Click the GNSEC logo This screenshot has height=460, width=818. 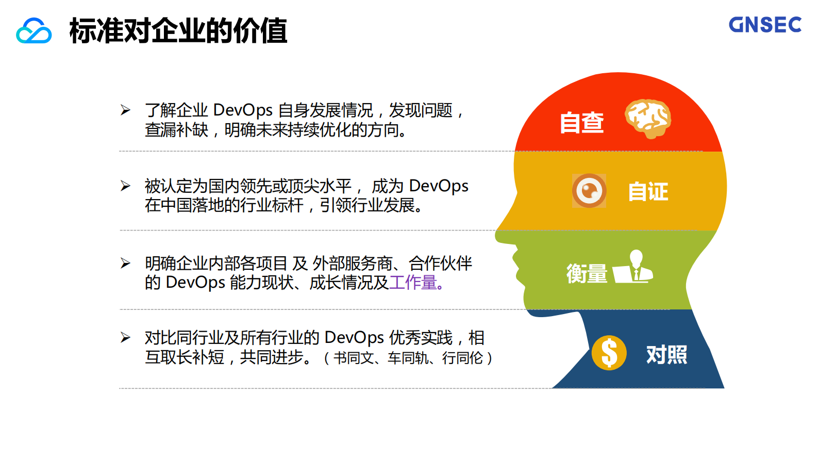(765, 25)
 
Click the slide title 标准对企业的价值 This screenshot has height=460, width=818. (178, 31)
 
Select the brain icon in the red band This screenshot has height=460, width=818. (648, 118)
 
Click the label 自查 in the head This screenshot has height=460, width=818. (582, 123)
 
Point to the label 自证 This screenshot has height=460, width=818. (648, 192)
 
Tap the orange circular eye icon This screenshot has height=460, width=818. (589, 191)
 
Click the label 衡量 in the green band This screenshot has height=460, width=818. (587, 273)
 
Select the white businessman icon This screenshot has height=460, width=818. (634, 267)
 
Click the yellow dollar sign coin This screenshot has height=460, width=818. (609, 353)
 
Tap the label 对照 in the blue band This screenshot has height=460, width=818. (666, 355)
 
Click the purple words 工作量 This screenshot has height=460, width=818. (413, 283)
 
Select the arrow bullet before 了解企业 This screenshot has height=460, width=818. (125, 110)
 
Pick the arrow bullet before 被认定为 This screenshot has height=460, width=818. (125, 186)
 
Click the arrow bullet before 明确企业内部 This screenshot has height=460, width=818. (125, 263)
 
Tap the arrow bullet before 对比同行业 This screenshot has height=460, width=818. (125, 338)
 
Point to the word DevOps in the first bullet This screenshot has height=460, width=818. (243, 110)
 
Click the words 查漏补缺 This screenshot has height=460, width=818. (176, 130)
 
